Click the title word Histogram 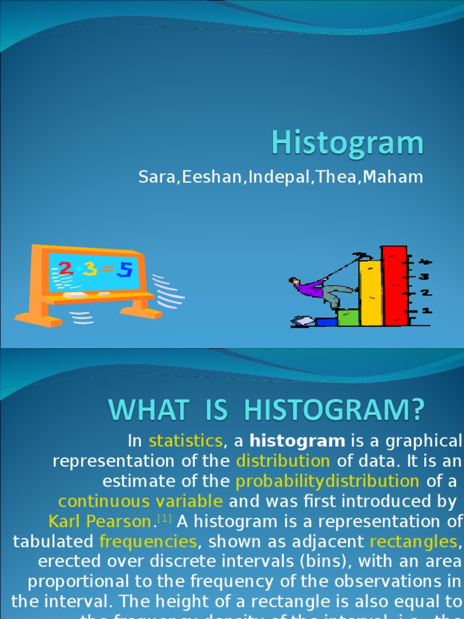[347, 144]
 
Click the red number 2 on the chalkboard [66, 269]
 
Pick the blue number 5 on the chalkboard [124, 270]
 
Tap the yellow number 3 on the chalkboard [90, 269]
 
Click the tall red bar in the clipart [394, 285]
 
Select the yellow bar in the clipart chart [370, 293]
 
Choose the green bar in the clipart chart [347, 318]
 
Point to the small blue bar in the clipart [326, 322]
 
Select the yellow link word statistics [186, 440]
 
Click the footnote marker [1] [164, 519]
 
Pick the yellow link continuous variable [141, 501]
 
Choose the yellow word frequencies [148, 541]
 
